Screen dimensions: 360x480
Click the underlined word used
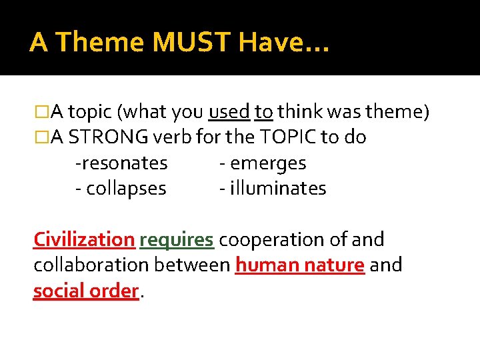click(x=229, y=112)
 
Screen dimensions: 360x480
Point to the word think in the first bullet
click(x=301, y=112)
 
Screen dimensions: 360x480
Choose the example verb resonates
click(x=123, y=163)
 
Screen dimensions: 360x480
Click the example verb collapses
click(x=124, y=188)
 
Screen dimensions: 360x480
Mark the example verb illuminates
click(x=277, y=188)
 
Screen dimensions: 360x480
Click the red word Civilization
click(x=84, y=239)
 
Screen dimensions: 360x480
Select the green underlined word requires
click(x=176, y=239)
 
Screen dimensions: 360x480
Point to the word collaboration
click(x=91, y=265)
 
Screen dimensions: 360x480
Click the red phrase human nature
click(x=300, y=265)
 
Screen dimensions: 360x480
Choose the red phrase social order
click(x=86, y=291)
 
